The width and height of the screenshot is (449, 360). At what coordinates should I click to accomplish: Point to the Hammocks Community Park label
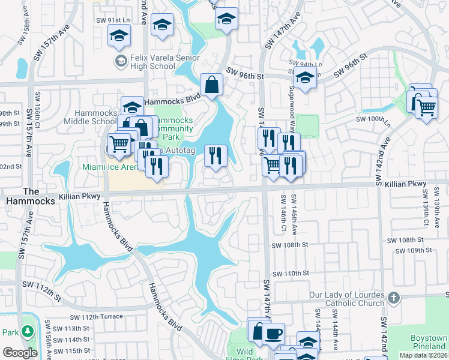[175, 125]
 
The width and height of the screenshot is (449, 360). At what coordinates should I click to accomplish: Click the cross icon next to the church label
[393, 298]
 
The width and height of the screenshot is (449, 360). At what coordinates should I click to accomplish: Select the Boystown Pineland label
[429, 342]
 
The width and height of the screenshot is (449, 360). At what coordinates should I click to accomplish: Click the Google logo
[20, 353]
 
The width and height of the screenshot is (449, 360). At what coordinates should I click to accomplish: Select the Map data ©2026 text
[423, 355]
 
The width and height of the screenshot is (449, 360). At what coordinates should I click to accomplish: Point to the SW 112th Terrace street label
[96, 317]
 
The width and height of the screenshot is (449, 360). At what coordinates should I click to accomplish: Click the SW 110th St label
[290, 273]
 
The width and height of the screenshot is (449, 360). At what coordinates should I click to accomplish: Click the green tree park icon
[27, 332]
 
